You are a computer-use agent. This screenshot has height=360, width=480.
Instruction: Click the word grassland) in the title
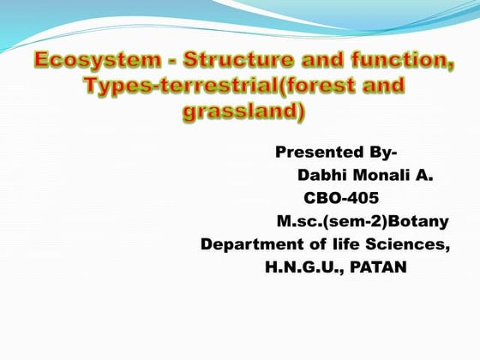(x=243, y=112)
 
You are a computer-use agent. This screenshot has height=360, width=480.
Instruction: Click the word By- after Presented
(x=381, y=153)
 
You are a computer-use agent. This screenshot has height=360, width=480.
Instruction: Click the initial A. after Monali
(x=424, y=176)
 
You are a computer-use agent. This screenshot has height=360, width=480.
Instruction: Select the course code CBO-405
(x=341, y=199)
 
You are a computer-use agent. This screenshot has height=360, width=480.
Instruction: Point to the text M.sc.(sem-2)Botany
(x=363, y=222)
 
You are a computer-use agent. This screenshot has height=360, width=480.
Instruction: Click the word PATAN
(x=378, y=268)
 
